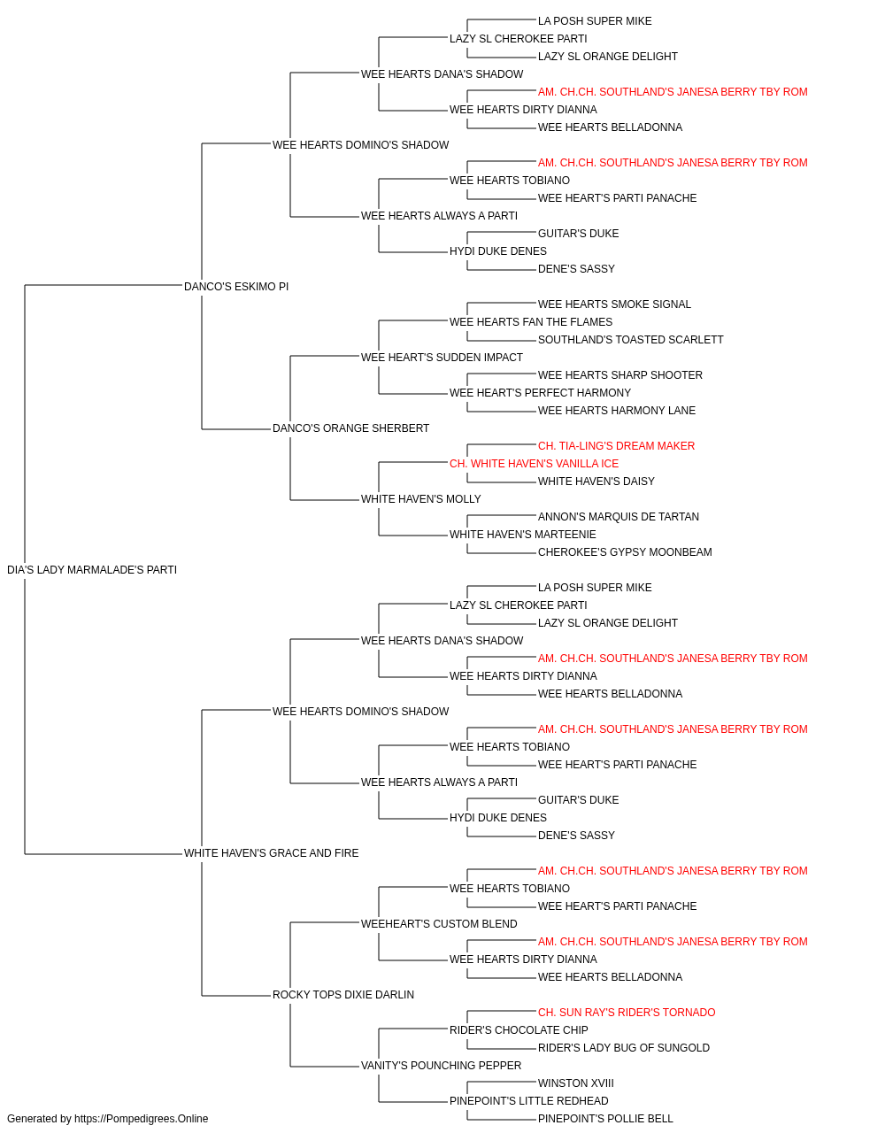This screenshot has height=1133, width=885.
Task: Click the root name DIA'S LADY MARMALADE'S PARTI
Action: (92, 569)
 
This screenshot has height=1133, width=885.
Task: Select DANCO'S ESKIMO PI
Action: (236, 286)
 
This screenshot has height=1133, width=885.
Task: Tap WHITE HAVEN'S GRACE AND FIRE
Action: (271, 852)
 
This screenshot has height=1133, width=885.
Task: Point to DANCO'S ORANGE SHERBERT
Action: (350, 428)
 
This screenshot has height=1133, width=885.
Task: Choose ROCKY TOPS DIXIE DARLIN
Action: (343, 994)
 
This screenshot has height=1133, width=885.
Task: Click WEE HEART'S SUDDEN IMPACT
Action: (442, 357)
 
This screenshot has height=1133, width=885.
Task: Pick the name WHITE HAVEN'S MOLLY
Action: (420, 499)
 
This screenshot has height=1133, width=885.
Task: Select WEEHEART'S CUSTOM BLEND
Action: (439, 923)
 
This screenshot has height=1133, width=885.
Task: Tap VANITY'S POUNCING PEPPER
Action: (441, 1065)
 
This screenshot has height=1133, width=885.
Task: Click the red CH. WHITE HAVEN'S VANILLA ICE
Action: (534, 464)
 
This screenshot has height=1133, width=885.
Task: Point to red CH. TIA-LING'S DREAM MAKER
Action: (616, 446)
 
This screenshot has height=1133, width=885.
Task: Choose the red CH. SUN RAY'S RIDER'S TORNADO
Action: (627, 1012)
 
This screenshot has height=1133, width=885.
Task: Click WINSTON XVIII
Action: (575, 1083)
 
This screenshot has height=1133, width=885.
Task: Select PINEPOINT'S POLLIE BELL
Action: (605, 1119)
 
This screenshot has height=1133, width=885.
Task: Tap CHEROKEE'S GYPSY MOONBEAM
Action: (625, 551)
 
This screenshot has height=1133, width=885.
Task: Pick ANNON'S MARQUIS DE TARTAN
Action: (618, 516)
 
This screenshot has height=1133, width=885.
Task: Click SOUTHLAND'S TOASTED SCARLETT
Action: (631, 339)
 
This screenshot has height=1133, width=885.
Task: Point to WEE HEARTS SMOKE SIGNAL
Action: (614, 304)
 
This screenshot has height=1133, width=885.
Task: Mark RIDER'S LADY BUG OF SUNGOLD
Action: (623, 1047)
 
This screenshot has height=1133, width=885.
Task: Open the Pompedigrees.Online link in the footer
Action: (141, 1119)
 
